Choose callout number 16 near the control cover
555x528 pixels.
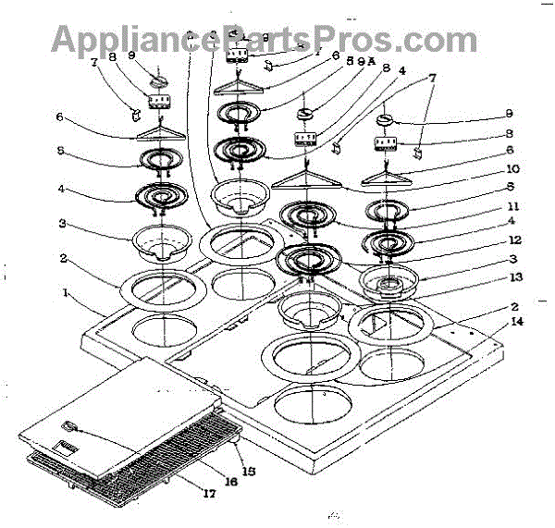click(227, 481)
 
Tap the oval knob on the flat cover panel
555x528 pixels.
click(71, 426)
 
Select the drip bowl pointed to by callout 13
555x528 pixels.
click(388, 281)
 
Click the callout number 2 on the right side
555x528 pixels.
click(487, 305)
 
